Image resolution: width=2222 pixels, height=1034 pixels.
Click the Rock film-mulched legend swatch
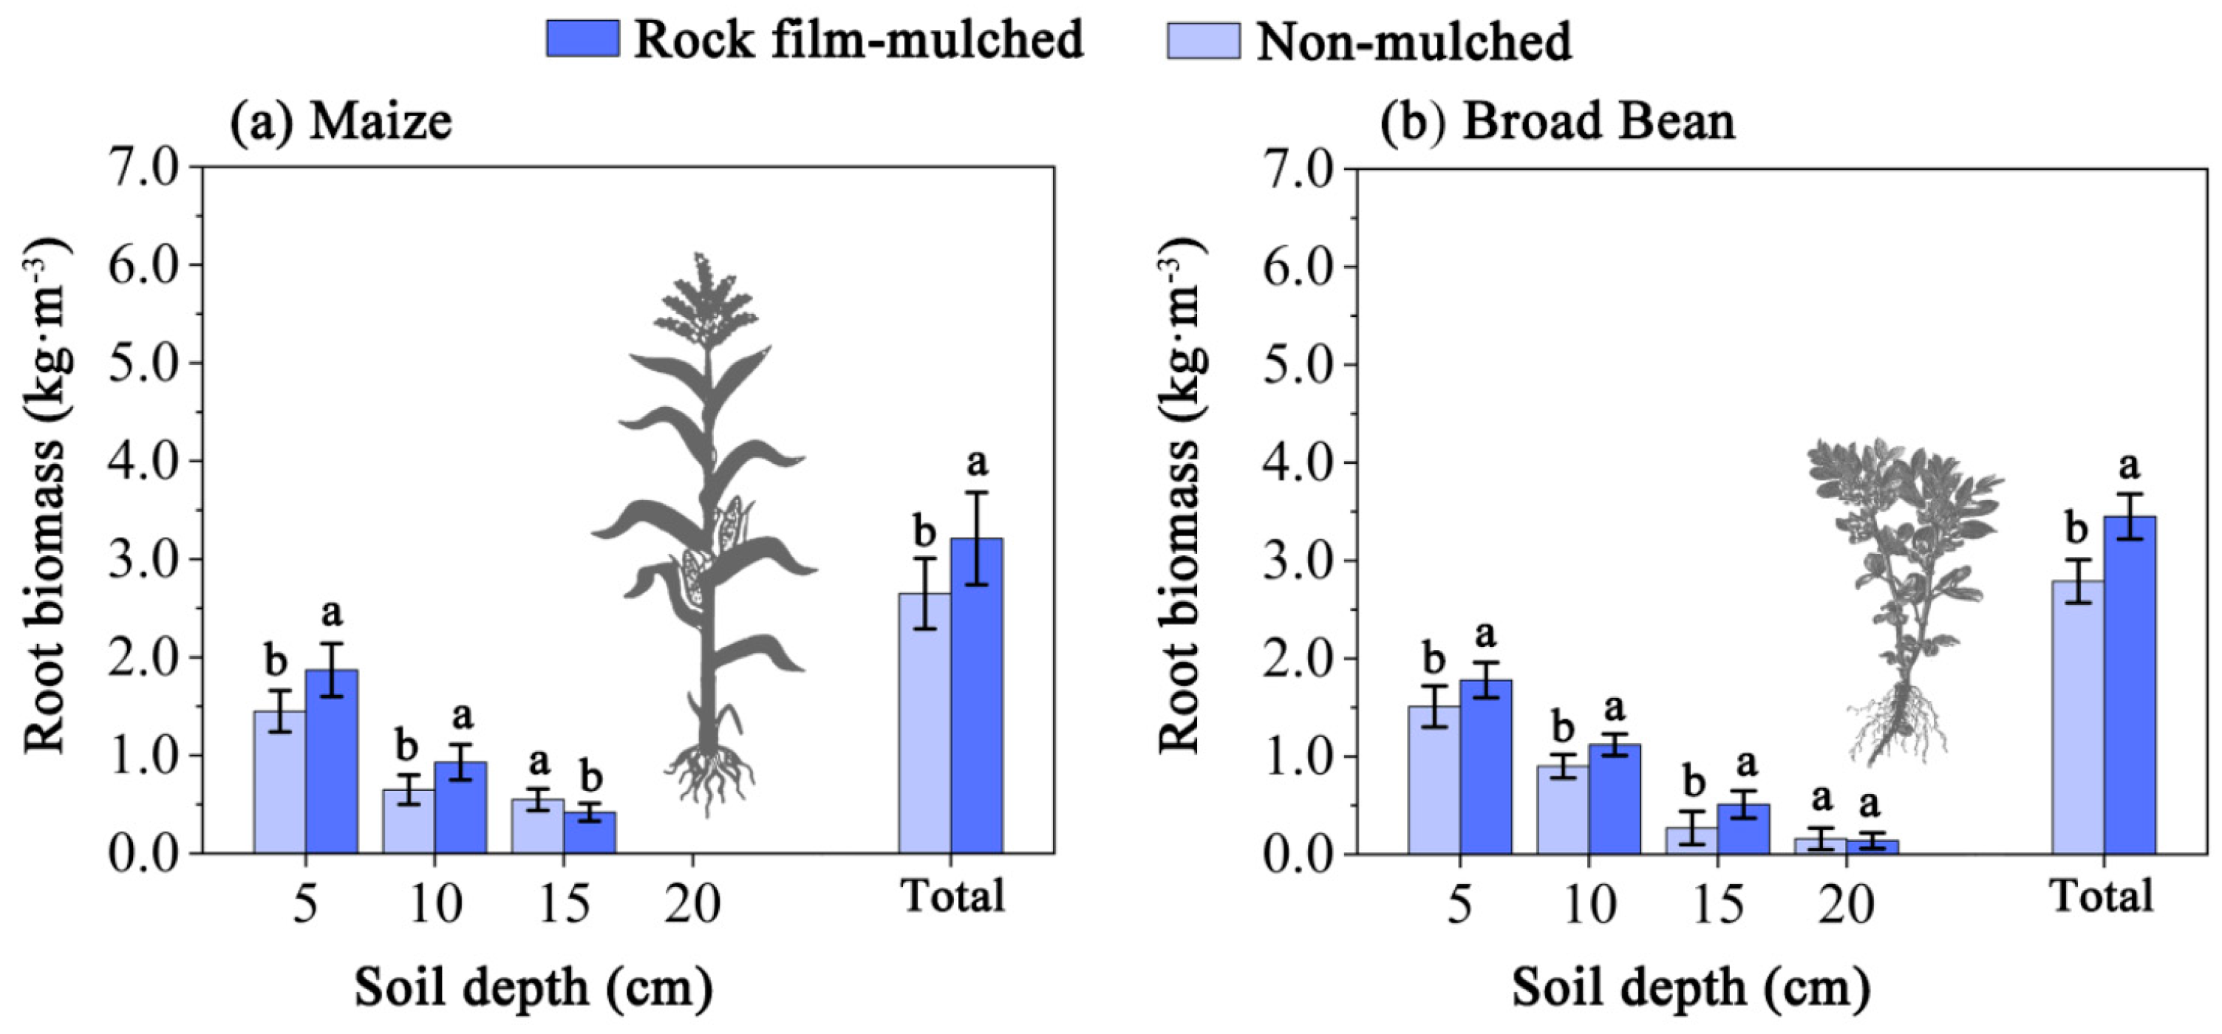(x=582, y=39)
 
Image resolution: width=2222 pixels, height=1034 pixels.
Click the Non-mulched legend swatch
(x=1203, y=41)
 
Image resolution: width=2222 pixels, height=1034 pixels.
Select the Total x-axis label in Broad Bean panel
(x=2102, y=896)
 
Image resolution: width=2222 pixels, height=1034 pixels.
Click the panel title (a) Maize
(x=340, y=120)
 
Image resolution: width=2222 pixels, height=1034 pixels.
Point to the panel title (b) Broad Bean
(x=1556, y=120)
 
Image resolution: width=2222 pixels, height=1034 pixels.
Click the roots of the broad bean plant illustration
(x=1898, y=725)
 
